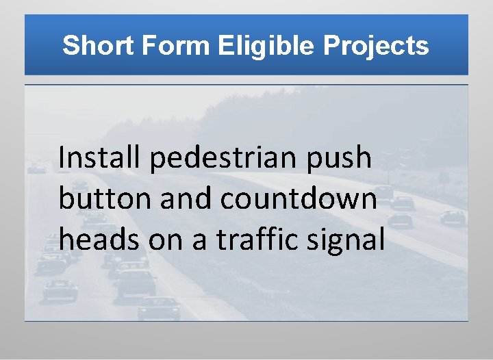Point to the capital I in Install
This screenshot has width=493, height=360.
coord(62,158)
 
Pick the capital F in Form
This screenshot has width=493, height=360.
coord(148,46)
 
